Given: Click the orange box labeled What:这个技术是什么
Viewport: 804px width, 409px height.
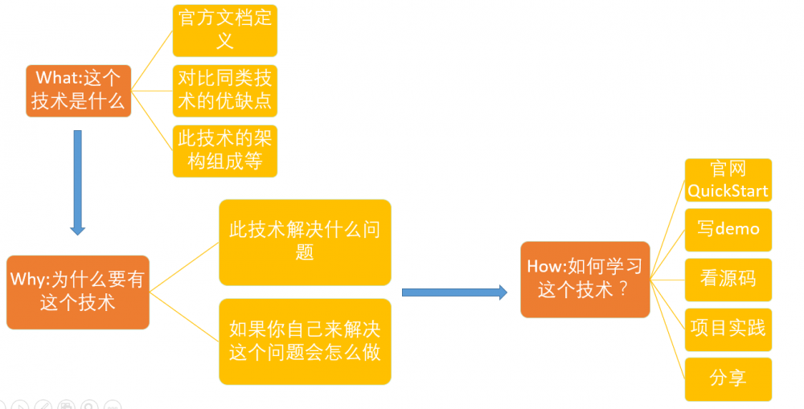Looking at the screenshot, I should pyautogui.click(x=78, y=90).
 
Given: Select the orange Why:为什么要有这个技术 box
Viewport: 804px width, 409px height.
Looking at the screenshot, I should pyautogui.click(x=77, y=291).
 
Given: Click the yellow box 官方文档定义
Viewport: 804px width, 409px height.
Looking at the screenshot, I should pyautogui.click(x=225, y=30).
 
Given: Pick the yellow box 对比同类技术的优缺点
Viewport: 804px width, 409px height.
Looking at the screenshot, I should pyautogui.click(x=225, y=90).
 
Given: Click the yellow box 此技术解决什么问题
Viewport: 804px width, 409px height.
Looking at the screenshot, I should pyautogui.click(x=305, y=242).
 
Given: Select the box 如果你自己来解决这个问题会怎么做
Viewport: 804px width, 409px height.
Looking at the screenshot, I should pyautogui.click(x=305, y=341).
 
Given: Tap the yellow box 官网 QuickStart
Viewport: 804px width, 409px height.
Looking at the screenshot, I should pyautogui.click(x=728, y=180).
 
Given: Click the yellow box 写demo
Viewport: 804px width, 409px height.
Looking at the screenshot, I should pyautogui.click(x=728, y=230).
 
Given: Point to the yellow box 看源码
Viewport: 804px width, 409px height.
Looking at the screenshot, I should pyautogui.click(x=728, y=280).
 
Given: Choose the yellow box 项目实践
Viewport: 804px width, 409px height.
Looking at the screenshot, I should pyautogui.click(x=728, y=329).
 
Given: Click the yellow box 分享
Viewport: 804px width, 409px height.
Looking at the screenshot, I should pyautogui.click(x=728, y=378).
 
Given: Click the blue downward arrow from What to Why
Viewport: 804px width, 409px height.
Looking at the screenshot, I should pyautogui.click(x=77, y=182).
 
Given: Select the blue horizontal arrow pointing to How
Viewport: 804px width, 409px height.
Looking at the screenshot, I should pyautogui.click(x=454, y=292).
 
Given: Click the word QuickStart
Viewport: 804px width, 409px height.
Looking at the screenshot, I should pyautogui.click(x=728, y=191).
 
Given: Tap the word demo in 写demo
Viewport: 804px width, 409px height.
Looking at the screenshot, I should pyautogui.click(x=737, y=230).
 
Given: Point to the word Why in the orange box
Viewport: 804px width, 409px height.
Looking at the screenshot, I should pyautogui.click(x=29, y=280).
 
